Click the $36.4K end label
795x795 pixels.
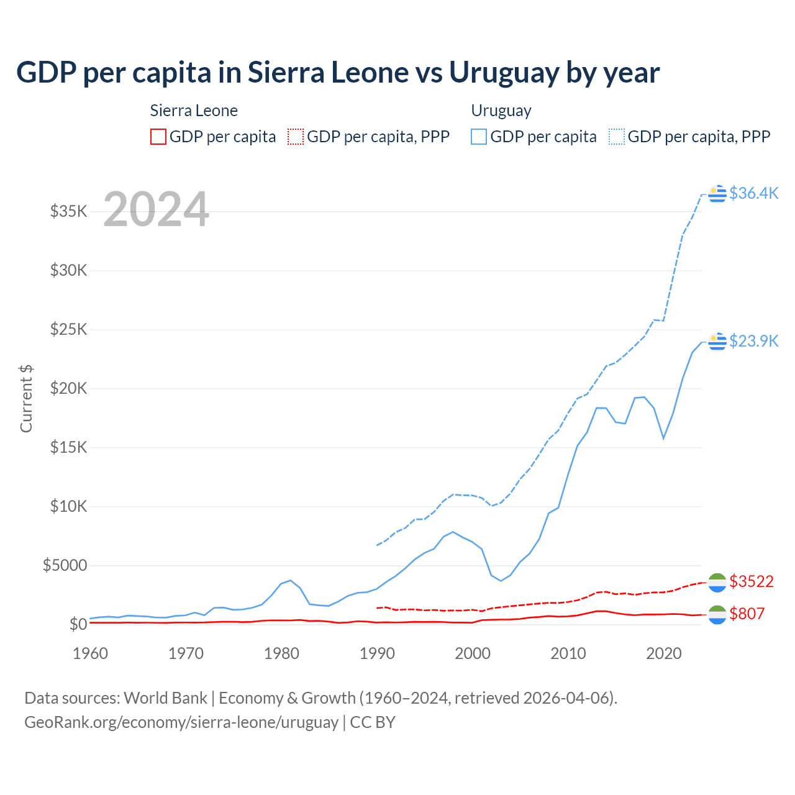pyautogui.click(x=753, y=193)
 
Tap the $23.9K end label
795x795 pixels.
pyautogui.click(x=753, y=341)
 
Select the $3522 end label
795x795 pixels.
pyautogui.click(x=752, y=581)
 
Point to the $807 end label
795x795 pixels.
pyautogui.click(x=747, y=614)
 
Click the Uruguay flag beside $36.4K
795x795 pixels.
pyautogui.click(x=717, y=194)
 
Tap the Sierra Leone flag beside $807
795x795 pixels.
pyautogui.click(x=717, y=614)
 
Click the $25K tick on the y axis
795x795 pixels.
pyautogui.click(x=68, y=329)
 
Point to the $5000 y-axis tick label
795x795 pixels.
pyautogui.click(x=65, y=565)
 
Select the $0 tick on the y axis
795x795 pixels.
pyautogui.click(x=78, y=624)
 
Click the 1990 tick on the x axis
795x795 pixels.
pyautogui.click(x=378, y=653)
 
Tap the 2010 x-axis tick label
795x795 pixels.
pyautogui.click(x=568, y=653)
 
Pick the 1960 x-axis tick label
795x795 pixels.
pyautogui.click(x=91, y=653)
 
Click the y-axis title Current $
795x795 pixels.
pyautogui.click(x=26, y=399)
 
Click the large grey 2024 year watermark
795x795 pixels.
pyautogui.click(x=156, y=209)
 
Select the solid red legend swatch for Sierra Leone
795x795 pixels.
pyautogui.click(x=158, y=137)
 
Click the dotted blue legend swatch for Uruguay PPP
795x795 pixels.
pyautogui.click(x=617, y=137)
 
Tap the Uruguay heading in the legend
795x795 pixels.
pyautogui.click(x=501, y=111)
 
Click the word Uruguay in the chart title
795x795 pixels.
pyautogui.click(x=504, y=72)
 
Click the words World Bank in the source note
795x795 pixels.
pyautogui.click(x=165, y=698)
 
